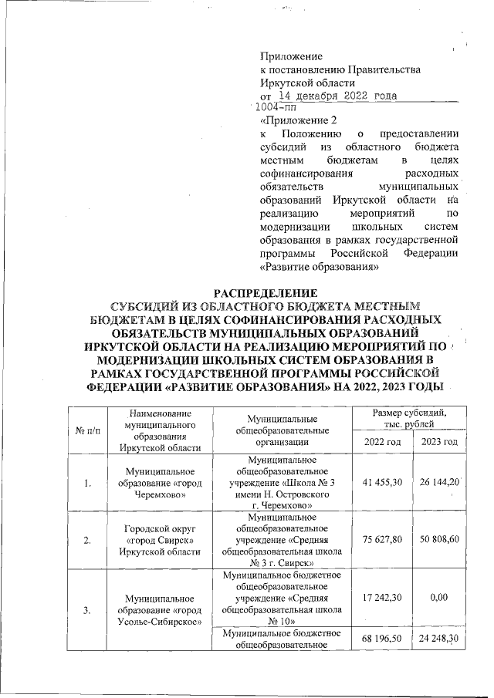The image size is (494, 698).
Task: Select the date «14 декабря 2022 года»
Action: click(x=337, y=96)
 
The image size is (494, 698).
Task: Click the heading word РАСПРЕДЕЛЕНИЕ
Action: click(x=266, y=294)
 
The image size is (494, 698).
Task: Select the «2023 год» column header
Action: click(x=439, y=440)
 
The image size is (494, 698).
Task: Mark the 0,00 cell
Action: click(x=439, y=595)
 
